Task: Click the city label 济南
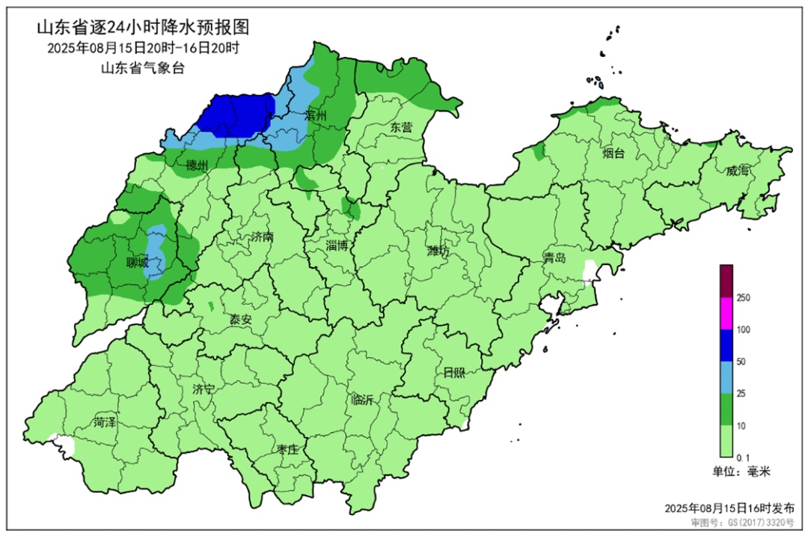(x=262, y=237)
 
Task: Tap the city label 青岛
(x=554, y=258)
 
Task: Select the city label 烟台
(x=613, y=153)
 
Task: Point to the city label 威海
(x=737, y=171)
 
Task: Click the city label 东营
(x=401, y=127)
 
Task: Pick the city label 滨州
(x=316, y=115)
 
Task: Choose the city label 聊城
(x=137, y=263)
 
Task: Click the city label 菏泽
(x=105, y=422)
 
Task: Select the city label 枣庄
(x=287, y=448)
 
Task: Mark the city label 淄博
(x=337, y=245)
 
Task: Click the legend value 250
(x=743, y=298)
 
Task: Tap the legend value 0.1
(x=742, y=457)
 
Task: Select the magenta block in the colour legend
(x=726, y=313)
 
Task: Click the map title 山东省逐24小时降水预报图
(x=142, y=28)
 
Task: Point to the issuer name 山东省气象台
(x=142, y=68)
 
